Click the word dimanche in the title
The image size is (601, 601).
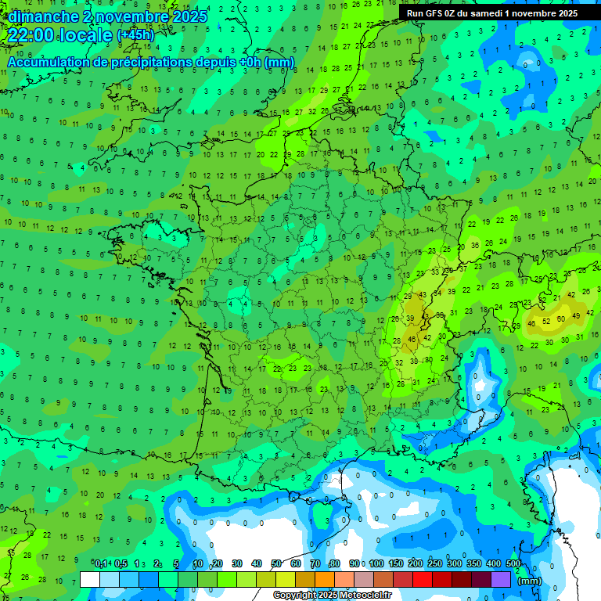pyautogui.click(x=44, y=16)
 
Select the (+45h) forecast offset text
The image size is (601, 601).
pyautogui.click(x=135, y=35)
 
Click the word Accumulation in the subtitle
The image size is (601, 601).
pyautogui.click(x=48, y=62)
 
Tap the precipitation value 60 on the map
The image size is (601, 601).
pyautogui.click(x=560, y=319)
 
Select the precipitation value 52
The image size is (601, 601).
pyautogui.click(x=546, y=321)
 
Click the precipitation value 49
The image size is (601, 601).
pyautogui.click(x=577, y=315)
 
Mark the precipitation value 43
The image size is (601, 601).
pyautogui.click(x=423, y=295)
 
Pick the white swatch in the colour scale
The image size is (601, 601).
pyautogui.click(x=90, y=579)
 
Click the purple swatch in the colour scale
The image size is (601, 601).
pyautogui.click(x=501, y=579)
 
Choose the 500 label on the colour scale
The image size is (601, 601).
pyautogui.click(x=513, y=564)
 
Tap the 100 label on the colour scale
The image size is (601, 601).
pyautogui.click(x=376, y=564)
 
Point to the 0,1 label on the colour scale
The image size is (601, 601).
pyautogui.click(x=102, y=564)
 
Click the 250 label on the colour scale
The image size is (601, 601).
pyautogui.click(x=434, y=564)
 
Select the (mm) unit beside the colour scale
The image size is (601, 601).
pyautogui.click(x=530, y=581)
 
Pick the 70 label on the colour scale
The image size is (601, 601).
pyautogui.click(x=315, y=564)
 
